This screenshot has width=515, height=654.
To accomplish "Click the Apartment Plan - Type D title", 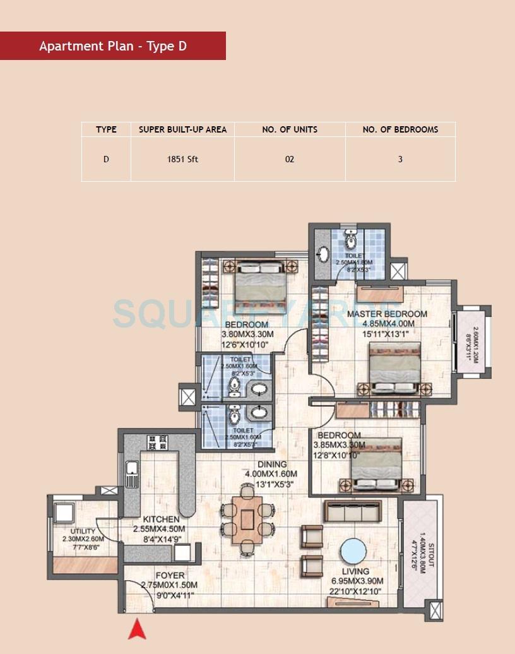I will pyautogui.click(x=113, y=46).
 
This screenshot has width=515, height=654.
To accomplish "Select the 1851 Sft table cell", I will pyautogui.click(x=182, y=159).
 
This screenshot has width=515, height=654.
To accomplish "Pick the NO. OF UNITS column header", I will pyautogui.click(x=290, y=129).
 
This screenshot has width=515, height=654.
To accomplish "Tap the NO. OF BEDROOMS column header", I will pyautogui.click(x=400, y=129).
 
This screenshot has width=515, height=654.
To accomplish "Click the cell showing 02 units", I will pyautogui.click(x=290, y=159).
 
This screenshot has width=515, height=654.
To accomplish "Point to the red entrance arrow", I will pyautogui.click(x=137, y=629).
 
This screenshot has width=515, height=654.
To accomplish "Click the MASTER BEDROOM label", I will pyautogui.click(x=387, y=314).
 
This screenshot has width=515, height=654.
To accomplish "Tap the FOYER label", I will pyautogui.click(x=170, y=576).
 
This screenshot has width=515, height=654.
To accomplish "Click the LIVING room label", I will pyautogui.click(x=355, y=572).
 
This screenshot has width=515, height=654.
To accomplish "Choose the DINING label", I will pyautogui.click(x=271, y=465).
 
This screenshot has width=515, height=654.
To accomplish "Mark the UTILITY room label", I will pyautogui.click(x=83, y=532).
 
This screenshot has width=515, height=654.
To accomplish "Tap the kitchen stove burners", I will pyautogui.click(x=157, y=442).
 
